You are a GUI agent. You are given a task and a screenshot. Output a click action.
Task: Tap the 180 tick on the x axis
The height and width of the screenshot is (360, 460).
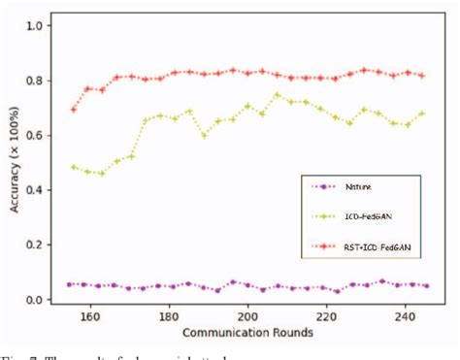tap(169, 316)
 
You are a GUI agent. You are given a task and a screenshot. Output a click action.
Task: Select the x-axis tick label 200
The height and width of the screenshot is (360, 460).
tap(248, 316)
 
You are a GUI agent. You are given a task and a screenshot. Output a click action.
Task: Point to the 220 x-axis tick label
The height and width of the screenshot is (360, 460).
tap(327, 316)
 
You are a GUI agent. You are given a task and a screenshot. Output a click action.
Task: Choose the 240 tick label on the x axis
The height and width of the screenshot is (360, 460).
tap(406, 316)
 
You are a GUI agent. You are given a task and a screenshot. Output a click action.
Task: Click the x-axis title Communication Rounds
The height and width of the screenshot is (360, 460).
tap(248, 333)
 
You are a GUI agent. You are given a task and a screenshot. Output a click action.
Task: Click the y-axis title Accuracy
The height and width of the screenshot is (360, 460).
tap(13, 160)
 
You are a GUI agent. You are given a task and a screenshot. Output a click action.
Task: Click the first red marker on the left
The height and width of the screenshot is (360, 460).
tap(74, 110)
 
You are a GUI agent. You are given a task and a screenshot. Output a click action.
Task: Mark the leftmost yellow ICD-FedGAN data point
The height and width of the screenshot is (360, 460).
tap(74, 167)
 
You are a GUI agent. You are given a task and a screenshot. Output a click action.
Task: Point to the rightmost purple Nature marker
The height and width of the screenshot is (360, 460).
tap(425, 286)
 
